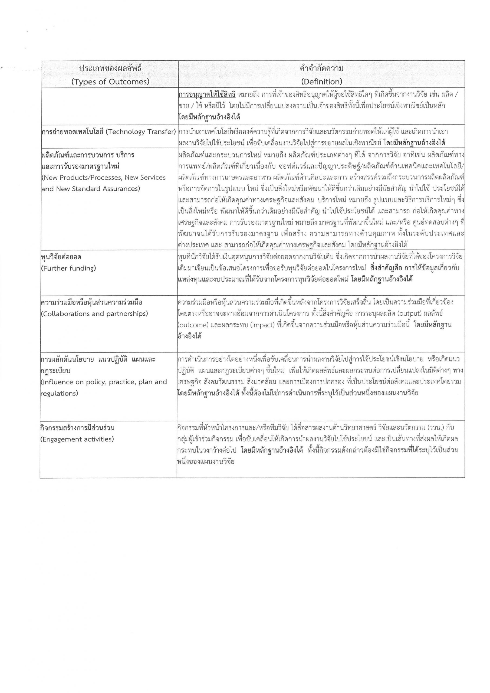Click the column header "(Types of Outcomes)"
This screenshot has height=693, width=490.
pyautogui.click(x=110, y=82)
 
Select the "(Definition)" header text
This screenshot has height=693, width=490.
pyautogui.click(x=321, y=82)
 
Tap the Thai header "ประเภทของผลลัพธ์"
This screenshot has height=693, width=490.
pyautogui.click(x=110, y=68)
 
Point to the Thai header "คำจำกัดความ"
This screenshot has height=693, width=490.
pyautogui.click(x=321, y=68)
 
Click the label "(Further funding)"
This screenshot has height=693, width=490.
pyautogui.click(x=68, y=268)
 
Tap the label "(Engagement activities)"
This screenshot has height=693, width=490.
pyautogui.click(x=77, y=439)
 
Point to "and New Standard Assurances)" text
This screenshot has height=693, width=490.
pyautogui.click(x=91, y=189)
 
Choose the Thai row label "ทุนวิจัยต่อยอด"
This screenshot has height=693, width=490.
pyautogui.click(x=61, y=257)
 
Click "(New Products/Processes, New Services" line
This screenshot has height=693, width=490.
pyautogui.click(x=103, y=178)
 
